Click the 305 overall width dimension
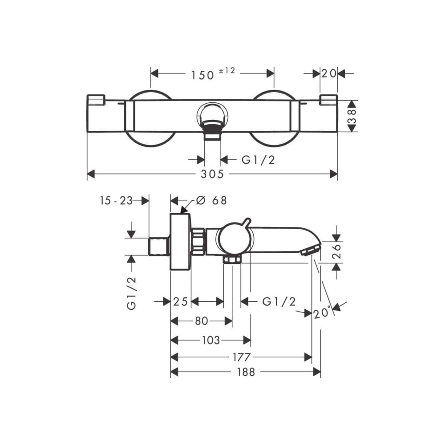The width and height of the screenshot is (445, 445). tap(212, 174)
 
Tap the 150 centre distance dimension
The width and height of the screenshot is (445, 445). tap(202, 76)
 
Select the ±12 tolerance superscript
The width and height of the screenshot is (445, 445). tap(227, 71)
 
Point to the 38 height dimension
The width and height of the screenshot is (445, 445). tap(352, 116)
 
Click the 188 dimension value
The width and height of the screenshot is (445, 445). tap(246, 372)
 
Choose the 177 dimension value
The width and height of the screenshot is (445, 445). tap(242, 357)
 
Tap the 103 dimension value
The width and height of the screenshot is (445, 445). tap(211, 340)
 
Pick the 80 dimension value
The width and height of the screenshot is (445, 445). tap(202, 321)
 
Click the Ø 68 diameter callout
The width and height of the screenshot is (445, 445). tap(212, 201)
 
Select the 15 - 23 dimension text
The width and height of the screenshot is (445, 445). tap(116, 201)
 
